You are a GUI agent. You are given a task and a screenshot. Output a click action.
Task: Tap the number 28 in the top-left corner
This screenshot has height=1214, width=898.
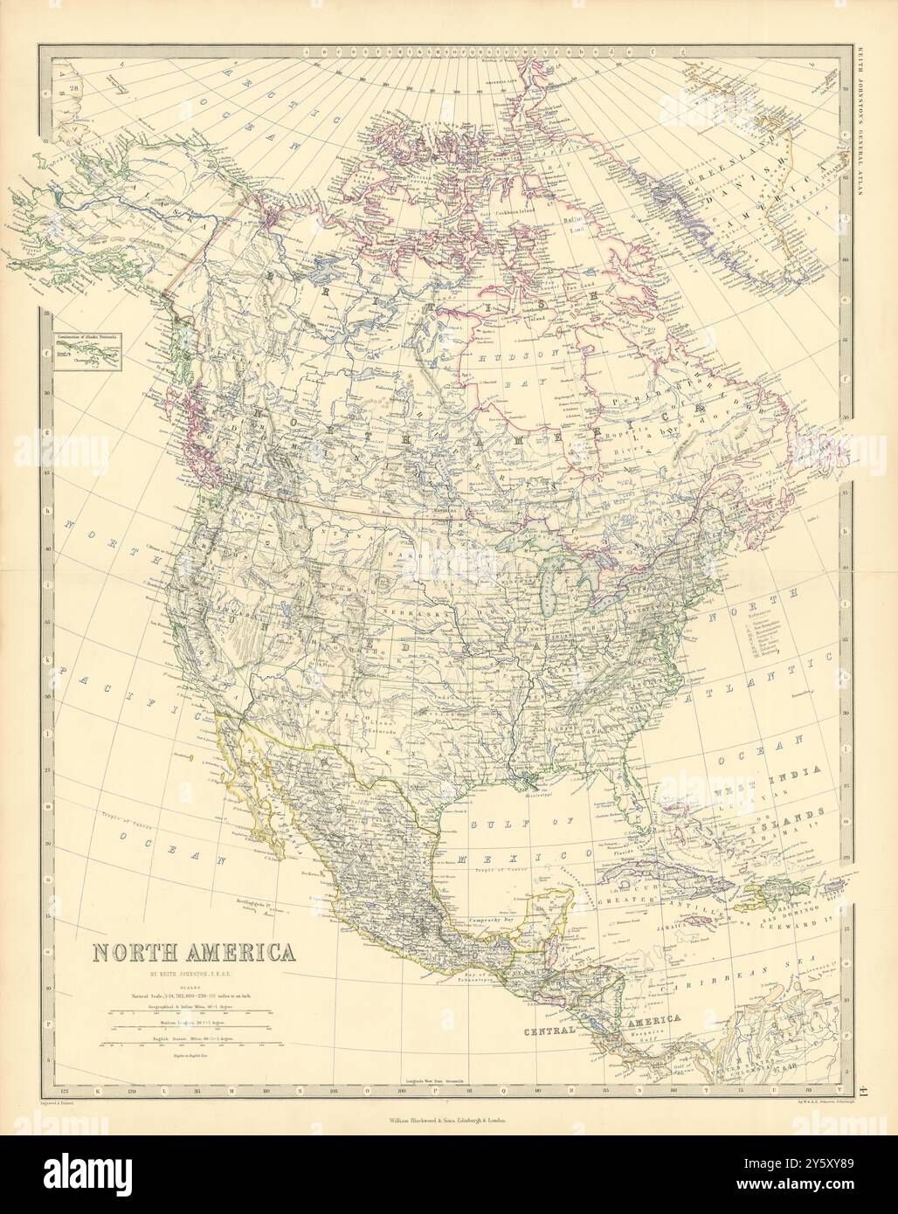coord(75,87)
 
